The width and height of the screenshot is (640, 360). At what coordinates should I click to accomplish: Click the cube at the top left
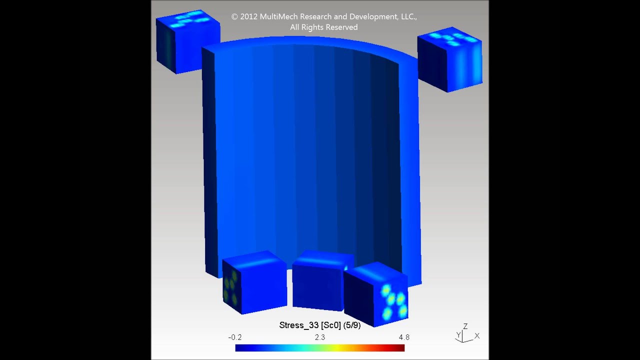tap(187, 42)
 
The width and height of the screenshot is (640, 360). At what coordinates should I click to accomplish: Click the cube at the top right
tap(450, 60)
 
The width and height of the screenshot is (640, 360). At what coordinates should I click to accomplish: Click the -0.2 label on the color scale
tap(235, 337)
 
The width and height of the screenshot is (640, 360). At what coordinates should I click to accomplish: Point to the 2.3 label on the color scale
tap(320, 337)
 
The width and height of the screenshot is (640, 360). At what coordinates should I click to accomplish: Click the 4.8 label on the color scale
tap(404, 337)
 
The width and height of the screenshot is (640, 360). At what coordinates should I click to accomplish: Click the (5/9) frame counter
tap(351, 325)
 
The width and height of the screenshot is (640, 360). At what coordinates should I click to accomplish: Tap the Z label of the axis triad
tap(465, 326)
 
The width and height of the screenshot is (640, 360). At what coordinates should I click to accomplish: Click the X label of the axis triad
tap(477, 336)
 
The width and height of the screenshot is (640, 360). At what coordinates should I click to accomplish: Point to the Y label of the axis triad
tap(458, 335)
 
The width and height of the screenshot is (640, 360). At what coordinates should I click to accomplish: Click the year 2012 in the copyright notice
tap(249, 16)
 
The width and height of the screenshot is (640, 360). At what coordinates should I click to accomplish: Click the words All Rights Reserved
tap(324, 27)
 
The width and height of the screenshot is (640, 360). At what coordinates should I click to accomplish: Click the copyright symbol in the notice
tap(234, 16)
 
